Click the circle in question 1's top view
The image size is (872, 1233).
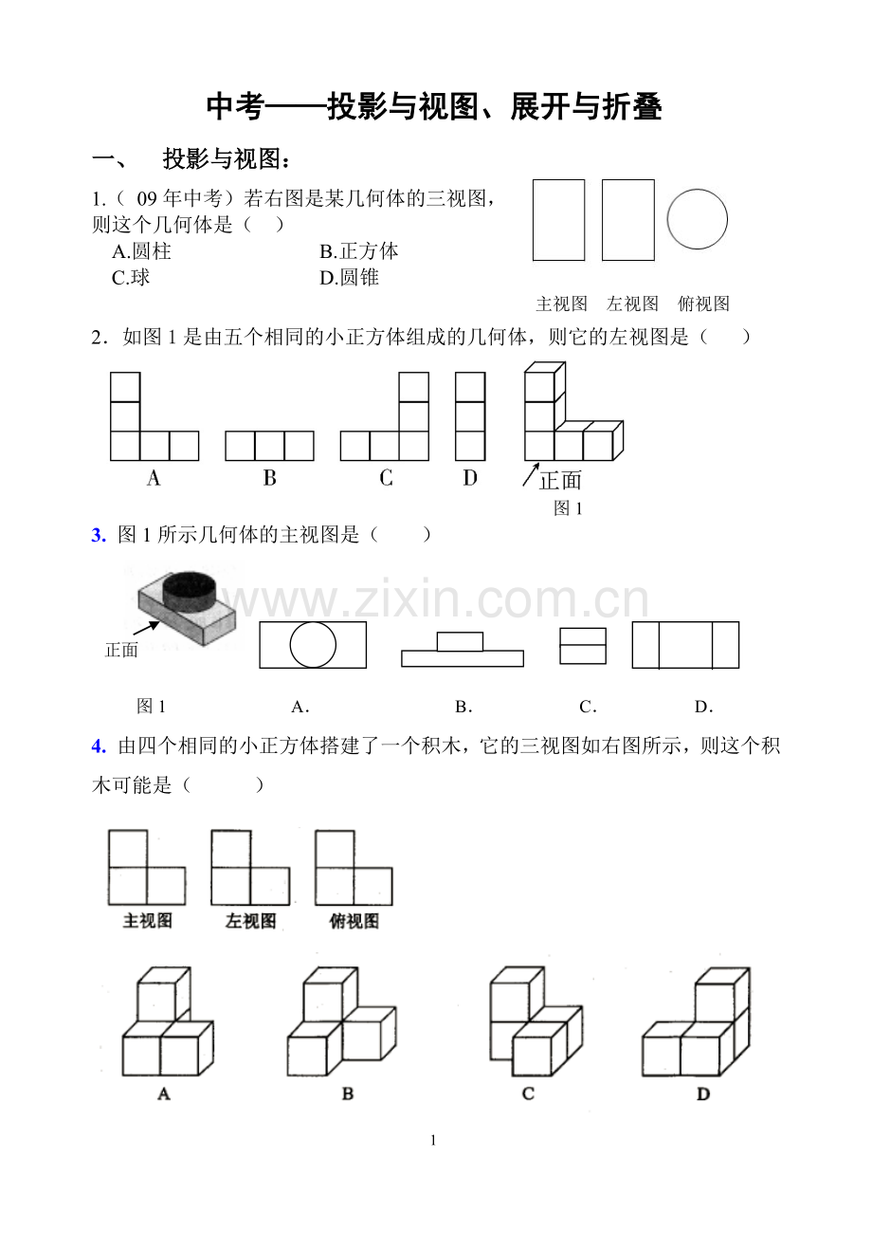(x=697, y=219)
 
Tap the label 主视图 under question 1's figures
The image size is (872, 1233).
(x=561, y=304)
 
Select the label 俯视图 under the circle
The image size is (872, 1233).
(x=703, y=304)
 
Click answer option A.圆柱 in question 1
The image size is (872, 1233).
(x=141, y=251)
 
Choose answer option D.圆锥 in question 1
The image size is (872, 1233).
(x=349, y=278)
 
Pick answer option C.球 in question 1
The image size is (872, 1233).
(x=131, y=278)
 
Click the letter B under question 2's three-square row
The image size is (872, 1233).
(x=269, y=478)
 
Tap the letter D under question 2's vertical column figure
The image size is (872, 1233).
(x=470, y=478)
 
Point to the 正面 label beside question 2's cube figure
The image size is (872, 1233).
(x=560, y=480)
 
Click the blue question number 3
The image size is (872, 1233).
(x=98, y=535)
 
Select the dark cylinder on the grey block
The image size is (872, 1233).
(x=190, y=589)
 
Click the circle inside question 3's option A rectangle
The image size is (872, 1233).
(x=313, y=646)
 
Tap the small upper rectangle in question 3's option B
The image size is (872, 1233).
(x=461, y=641)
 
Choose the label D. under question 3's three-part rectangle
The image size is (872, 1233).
(x=703, y=707)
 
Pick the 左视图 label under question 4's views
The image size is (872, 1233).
(x=250, y=921)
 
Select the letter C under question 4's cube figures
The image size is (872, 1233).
(x=528, y=1094)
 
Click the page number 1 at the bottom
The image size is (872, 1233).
(x=433, y=1141)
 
